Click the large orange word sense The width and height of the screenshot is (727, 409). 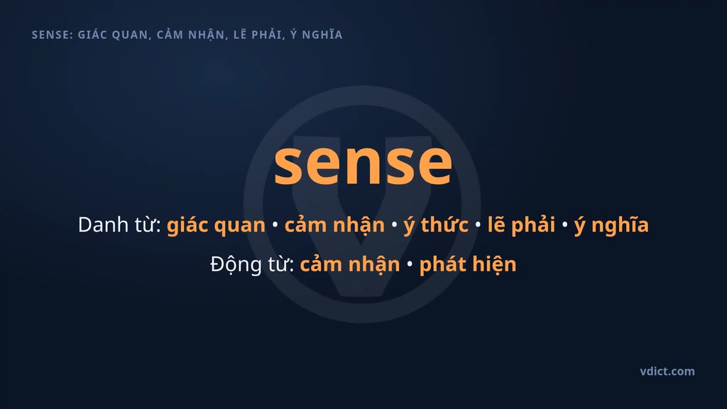click(x=363, y=164)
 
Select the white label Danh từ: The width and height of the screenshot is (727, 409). click(x=119, y=225)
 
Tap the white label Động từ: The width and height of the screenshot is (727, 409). click(x=252, y=264)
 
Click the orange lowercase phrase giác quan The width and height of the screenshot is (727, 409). click(x=216, y=225)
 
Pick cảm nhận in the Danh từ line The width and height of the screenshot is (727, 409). click(x=335, y=226)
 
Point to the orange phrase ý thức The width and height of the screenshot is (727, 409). click(x=436, y=225)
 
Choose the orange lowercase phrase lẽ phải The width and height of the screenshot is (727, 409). click(x=521, y=225)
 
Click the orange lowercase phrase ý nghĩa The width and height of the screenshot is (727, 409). click(x=611, y=225)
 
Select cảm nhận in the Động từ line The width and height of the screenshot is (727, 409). click(x=350, y=265)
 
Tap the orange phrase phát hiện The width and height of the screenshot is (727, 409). click(x=468, y=264)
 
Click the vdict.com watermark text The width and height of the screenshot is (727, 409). click(x=667, y=371)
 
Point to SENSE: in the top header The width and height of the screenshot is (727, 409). click(x=53, y=35)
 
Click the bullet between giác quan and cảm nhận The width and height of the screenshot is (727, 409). click(x=275, y=225)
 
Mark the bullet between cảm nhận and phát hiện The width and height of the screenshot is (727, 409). click(x=410, y=264)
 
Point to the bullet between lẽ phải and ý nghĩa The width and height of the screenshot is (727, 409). click(x=564, y=225)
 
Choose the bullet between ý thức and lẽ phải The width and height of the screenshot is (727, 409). click(x=478, y=225)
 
